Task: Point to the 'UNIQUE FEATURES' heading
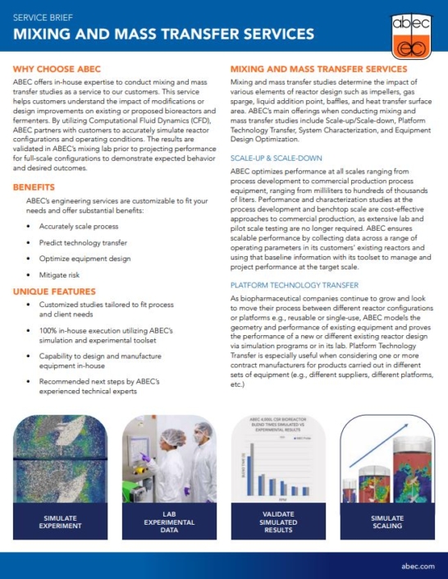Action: point(54,291)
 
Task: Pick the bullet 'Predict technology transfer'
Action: point(83,242)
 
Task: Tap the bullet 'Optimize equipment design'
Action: point(85,261)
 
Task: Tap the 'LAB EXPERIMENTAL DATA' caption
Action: point(167,521)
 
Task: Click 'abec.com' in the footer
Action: point(418,567)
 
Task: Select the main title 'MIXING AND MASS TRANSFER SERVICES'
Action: point(163,34)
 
